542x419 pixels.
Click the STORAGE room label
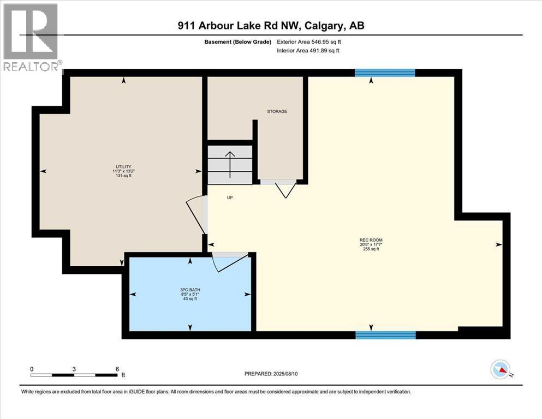277,111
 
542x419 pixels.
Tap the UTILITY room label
123,166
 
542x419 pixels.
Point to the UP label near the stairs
230,198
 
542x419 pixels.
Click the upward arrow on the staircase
230,164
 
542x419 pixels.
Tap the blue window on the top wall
385,73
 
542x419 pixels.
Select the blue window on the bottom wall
385,334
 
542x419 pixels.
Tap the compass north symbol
500,370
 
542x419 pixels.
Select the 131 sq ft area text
123,176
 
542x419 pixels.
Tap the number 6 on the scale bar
117,369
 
